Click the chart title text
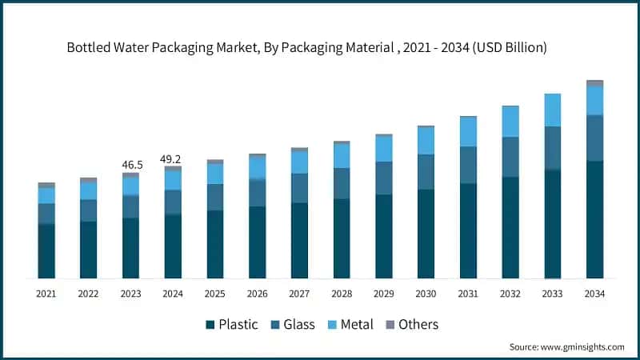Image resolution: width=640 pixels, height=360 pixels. [x=306, y=47]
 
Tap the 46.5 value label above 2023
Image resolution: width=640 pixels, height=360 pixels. [x=131, y=165]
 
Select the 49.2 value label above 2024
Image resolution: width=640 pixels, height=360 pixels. [x=173, y=159]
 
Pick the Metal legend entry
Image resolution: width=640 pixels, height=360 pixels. [x=353, y=324]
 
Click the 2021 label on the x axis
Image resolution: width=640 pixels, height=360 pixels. [x=46, y=294]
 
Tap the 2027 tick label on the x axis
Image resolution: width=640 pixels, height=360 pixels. [x=299, y=294]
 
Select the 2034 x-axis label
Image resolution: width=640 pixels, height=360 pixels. [x=594, y=294]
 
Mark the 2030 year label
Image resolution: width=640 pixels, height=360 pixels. [x=426, y=294]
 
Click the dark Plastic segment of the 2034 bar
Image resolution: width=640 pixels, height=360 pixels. [x=594, y=220]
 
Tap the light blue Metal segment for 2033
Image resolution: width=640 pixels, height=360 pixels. [x=553, y=110]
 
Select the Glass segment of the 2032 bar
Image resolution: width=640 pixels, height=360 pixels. [x=510, y=157]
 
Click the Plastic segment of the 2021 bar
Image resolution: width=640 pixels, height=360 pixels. [x=46, y=251]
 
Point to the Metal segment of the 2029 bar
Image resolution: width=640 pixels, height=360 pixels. [x=384, y=150]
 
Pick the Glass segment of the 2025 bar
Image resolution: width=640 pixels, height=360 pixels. [x=215, y=198]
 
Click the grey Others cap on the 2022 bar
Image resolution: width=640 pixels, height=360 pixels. [x=89, y=180]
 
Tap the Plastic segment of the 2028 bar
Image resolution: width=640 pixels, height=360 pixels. [x=342, y=238]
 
